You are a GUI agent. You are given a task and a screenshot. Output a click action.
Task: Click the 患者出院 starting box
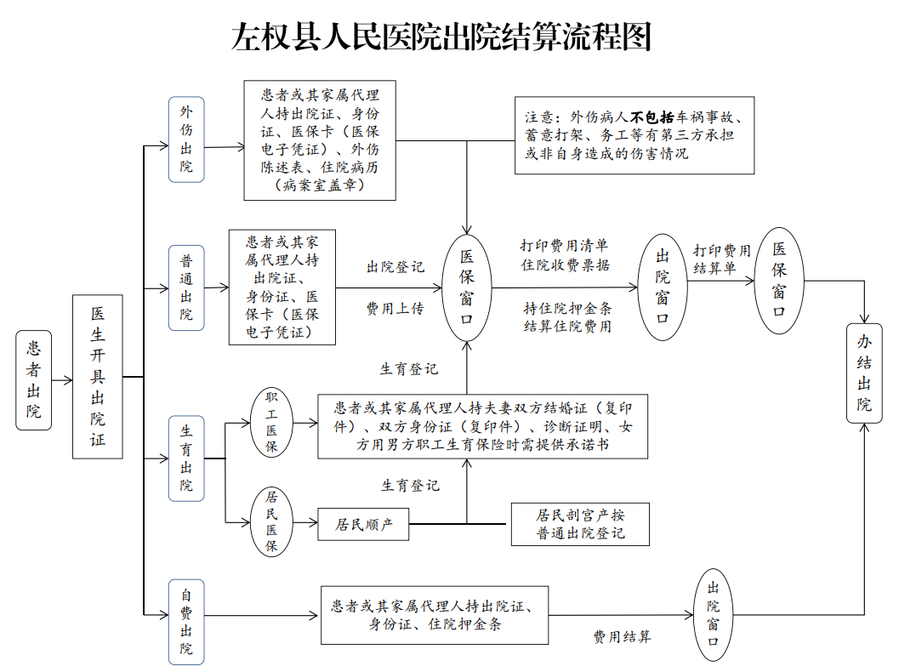34,380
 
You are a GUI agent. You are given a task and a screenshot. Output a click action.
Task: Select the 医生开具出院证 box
98,377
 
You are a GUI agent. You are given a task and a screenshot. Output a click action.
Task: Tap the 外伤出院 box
186,139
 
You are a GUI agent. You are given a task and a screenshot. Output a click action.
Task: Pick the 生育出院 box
186,458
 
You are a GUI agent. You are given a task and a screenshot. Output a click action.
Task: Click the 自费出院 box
186,622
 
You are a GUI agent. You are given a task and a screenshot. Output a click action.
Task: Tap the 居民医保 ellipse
271,522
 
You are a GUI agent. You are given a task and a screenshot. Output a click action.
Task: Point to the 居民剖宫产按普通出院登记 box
581,524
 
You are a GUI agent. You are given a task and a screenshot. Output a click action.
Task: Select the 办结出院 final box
864,373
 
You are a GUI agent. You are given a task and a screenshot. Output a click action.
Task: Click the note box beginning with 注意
634,135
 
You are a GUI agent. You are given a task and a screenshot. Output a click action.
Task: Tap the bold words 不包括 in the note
652,117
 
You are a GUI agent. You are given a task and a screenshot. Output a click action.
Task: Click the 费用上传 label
395,308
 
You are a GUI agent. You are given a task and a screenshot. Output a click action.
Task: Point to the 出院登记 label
395,267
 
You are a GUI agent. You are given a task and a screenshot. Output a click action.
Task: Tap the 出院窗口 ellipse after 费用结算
713,616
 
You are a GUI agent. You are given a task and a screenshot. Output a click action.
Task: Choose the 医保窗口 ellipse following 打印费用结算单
780,280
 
